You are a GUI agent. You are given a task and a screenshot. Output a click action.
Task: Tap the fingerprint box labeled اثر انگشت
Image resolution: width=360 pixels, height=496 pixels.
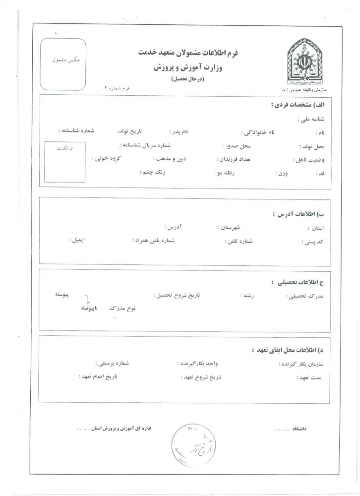point(64,162)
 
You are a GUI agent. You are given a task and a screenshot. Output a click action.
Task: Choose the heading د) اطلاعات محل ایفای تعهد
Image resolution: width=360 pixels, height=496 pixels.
point(287,350)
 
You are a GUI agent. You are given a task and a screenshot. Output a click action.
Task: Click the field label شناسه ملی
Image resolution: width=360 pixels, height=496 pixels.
point(310,119)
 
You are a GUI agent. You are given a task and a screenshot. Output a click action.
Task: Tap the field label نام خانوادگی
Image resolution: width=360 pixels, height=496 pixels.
point(259,132)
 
